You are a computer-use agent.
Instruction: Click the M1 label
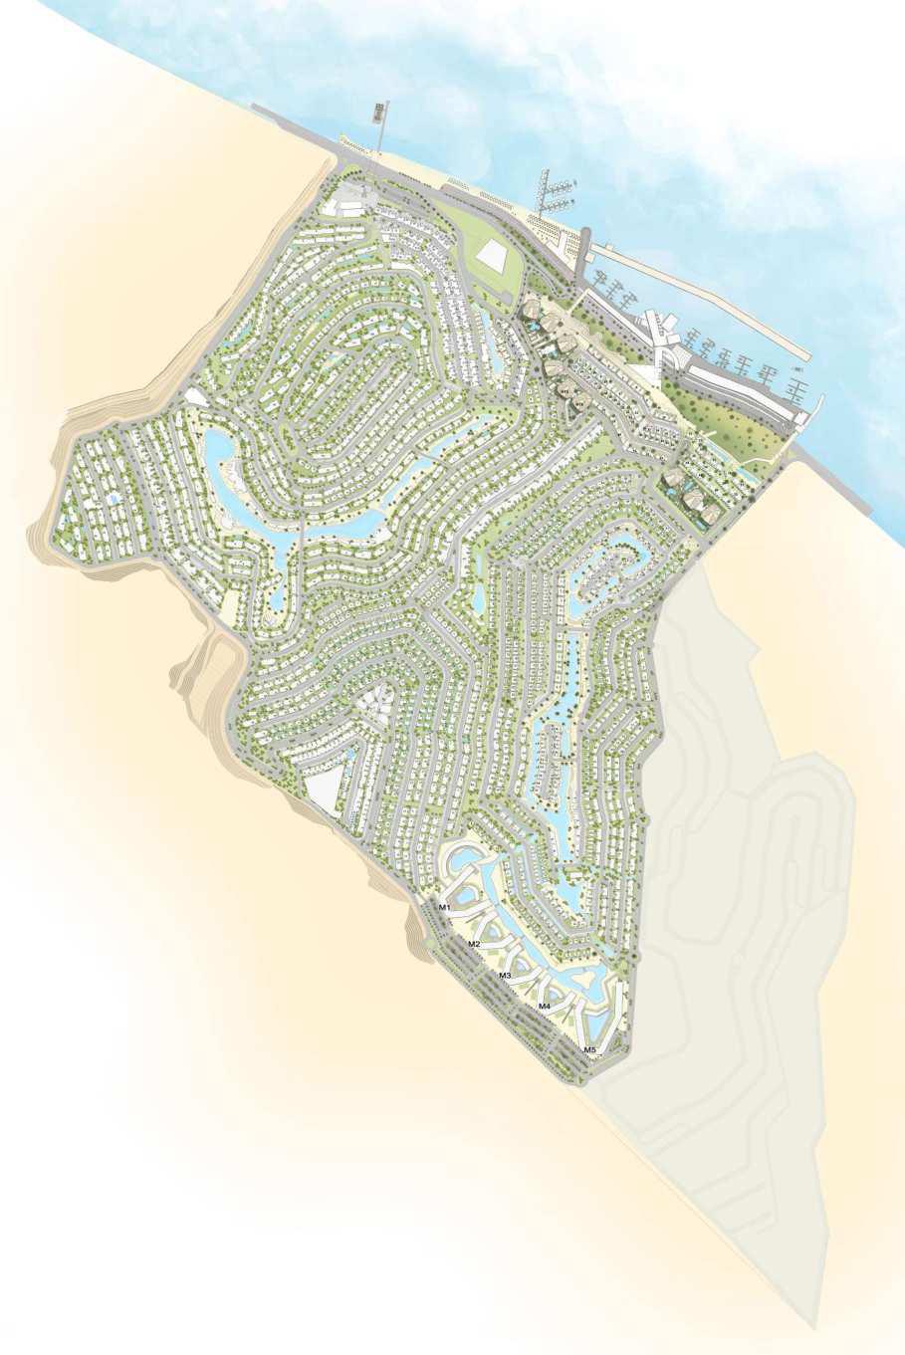coord(445,907)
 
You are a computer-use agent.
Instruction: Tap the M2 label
coord(474,943)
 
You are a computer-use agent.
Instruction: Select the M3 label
coord(505,975)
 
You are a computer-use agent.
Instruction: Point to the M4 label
coord(544,1007)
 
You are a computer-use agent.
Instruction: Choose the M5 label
coord(589,1049)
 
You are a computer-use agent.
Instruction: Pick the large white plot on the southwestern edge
coord(323,794)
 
